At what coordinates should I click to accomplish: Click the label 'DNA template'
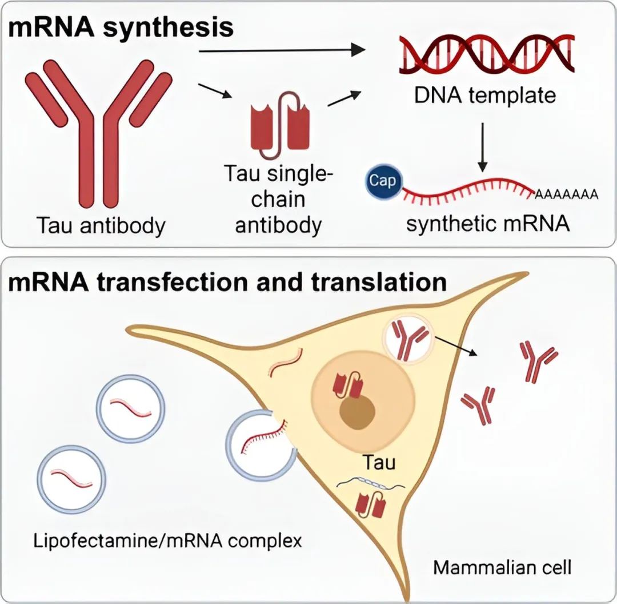484,94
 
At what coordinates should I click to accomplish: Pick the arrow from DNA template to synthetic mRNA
483,146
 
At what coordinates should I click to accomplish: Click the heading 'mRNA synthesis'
121,26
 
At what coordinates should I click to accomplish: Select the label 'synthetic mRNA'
488,224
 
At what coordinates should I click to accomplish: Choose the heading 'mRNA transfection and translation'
227,283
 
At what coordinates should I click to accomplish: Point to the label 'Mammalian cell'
502,567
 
